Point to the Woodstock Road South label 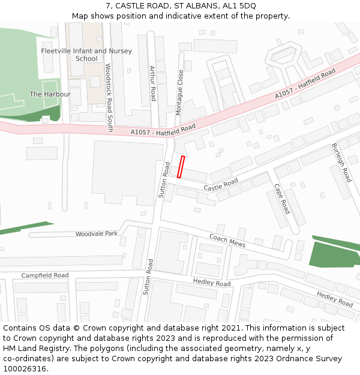pyautogui.click(x=109, y=98)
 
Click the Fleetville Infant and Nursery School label pyautogui.click(x=86, y=55)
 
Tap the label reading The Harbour pyautogui.click(x=50, y=94)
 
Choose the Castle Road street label pyautogui.click(x=221, y=185)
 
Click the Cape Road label pyautogui.click(x=282, y=199)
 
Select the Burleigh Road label pyautogui.click(x=341, y=163)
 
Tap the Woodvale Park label pyautogui.click(x=97, y=233)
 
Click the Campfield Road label pyautogui.click(x=45, y=275)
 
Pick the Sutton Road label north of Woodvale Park pyautogui.click(x=164, y=180)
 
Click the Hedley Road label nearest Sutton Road pyautogui.click(x=212, y=283)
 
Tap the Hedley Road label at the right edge pyautogui.click(x=335, y=299)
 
